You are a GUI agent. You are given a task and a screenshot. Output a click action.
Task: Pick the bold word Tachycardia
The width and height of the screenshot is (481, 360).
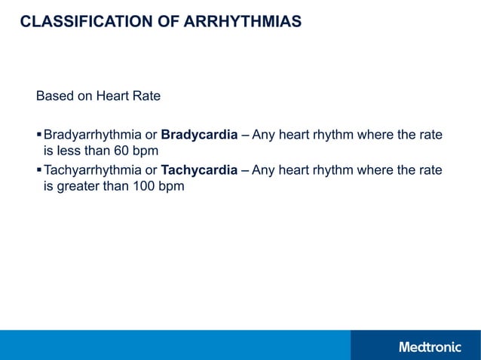pyautogui.click(x=199, y=170)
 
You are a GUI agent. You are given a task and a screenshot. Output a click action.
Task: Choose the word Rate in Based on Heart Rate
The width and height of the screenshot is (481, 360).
pyautogui.click(x=146, y=97)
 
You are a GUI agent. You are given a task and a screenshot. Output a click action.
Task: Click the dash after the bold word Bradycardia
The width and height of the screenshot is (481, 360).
pyautogui.click(x=245, y=136)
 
